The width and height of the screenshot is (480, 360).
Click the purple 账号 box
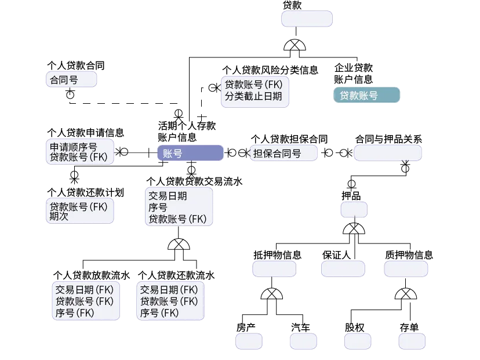[190, 153]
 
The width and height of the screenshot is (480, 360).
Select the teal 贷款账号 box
[366, 96]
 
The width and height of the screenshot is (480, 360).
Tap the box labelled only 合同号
[71, 80]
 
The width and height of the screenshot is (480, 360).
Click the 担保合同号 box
[283, 154]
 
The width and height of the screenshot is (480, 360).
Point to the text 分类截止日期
[253, 96]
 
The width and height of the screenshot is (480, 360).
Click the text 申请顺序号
[74, 146]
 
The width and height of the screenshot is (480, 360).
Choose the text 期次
[59, 217]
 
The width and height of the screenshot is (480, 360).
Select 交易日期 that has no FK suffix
[168, 196]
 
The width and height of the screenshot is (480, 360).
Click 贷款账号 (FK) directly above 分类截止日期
[253, 85]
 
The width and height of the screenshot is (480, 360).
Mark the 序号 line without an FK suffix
[158, 207]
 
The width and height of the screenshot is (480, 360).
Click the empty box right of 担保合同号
[387, 153]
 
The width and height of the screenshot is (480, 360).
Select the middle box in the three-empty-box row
[343, 268]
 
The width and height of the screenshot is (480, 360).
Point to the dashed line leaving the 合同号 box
[116, 104]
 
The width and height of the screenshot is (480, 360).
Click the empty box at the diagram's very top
[307, 19]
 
